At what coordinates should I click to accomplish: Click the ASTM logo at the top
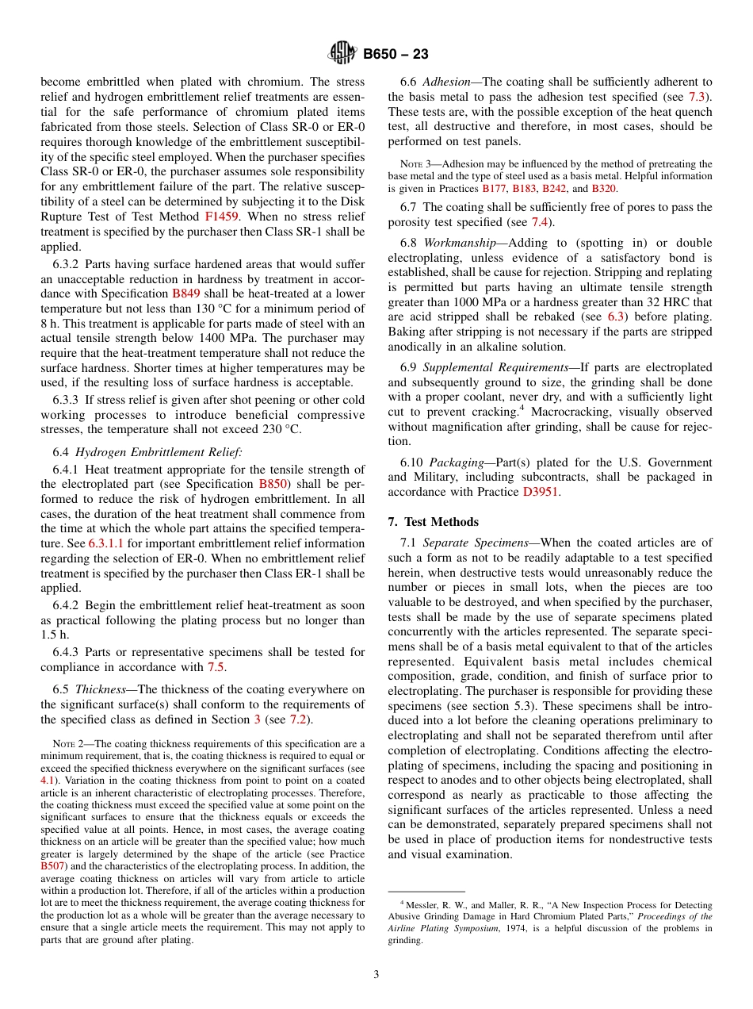click(x=343, y=54)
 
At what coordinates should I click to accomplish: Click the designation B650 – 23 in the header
click(x=396, y=55)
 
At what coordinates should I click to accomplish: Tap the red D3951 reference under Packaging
click(x=541, y=492)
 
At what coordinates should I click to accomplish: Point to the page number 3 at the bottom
click(x=376, y=974)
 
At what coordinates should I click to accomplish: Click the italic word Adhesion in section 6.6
click(x=448, y=82)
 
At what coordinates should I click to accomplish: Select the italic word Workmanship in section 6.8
click(x=457, y=243)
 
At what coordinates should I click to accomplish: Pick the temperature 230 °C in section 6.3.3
click(x=281, y=429)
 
